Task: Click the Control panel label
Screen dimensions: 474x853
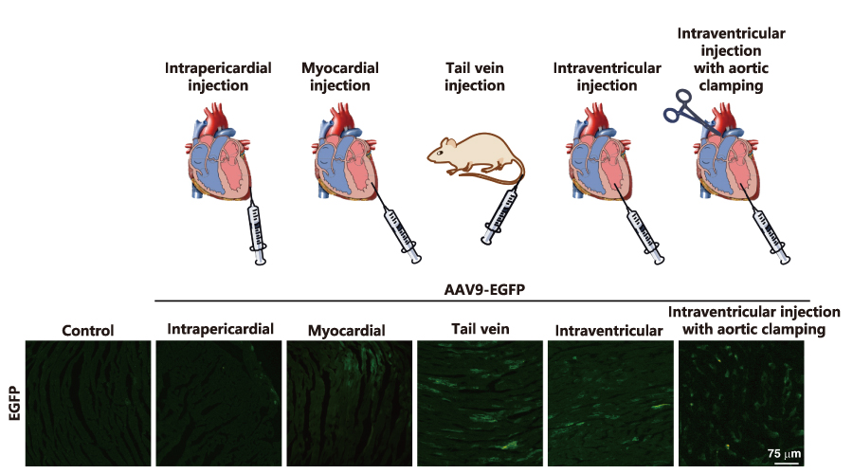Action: click(x=87, y=331)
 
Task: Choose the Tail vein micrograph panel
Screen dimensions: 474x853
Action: click(x=480, y=403)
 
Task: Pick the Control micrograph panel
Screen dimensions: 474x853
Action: click(x=87, y=403)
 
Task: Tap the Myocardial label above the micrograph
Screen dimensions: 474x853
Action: click(x=346, y=331)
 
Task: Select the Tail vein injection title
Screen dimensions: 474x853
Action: click(x=474, y=77)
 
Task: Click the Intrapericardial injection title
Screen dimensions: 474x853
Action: click(x=219, y=77)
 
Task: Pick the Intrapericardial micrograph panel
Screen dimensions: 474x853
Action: click(x=217, y=403)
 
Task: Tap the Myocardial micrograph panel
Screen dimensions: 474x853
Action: click(x=348, y=403)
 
